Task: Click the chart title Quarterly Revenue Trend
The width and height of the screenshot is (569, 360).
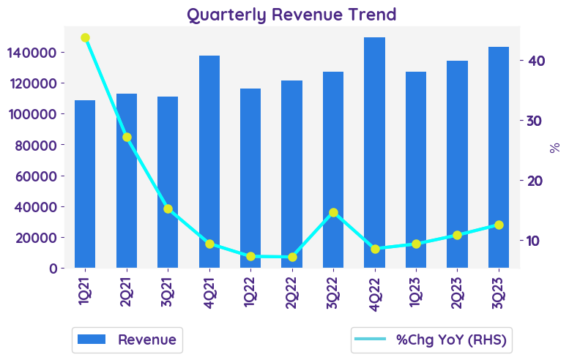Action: [291, 14]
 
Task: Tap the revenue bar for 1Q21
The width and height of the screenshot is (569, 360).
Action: [85, 184]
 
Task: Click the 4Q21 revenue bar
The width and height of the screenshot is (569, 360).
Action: [209, 162]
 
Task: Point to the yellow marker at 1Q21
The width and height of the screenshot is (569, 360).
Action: [85, 37]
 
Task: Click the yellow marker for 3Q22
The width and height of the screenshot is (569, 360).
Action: [333, 212]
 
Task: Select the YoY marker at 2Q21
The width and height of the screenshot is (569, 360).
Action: [127, 137]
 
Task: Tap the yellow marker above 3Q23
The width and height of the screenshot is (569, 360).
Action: [499, 225]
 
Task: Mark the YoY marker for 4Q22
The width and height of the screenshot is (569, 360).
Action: [375, 249]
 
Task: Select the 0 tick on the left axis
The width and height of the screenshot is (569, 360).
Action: [53, 268]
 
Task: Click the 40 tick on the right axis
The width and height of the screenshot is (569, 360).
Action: [536, 61]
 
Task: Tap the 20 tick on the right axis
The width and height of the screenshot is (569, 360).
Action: [536, 181]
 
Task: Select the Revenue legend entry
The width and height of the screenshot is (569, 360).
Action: [127, 340]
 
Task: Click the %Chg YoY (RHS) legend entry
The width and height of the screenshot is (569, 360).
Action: [431, 340]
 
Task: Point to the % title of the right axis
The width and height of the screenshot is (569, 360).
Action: [555, 147]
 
